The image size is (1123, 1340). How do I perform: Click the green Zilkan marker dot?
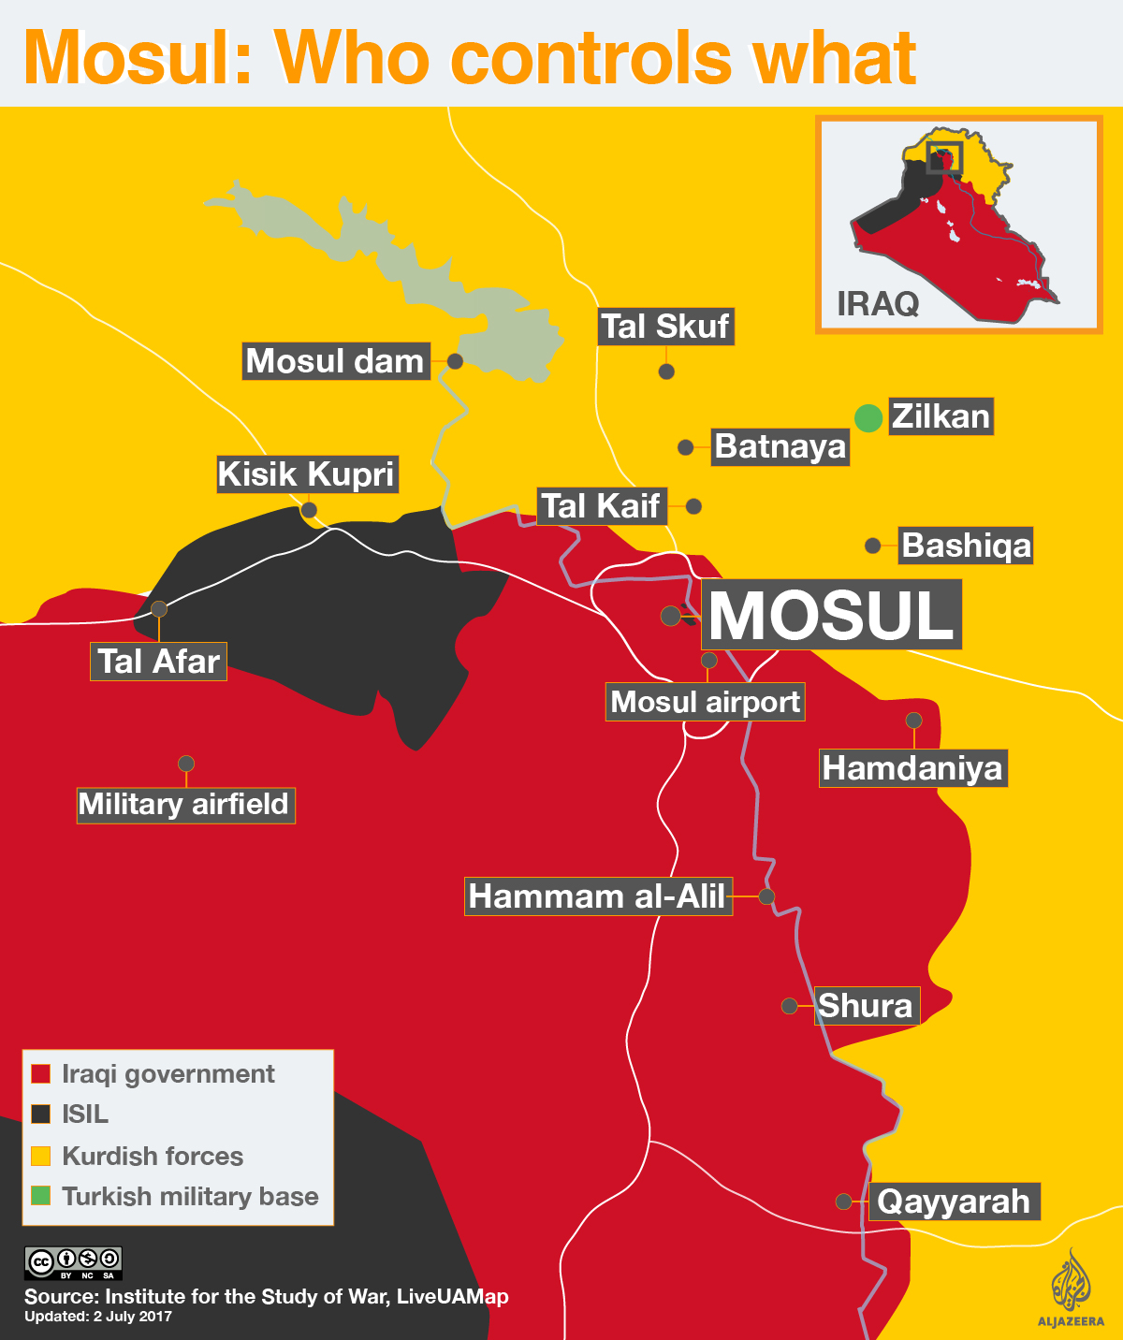coord(868,418)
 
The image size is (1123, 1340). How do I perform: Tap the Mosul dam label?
coord(335,361)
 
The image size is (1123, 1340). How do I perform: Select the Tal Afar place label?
coord(158,662)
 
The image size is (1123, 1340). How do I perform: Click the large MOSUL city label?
coord(831,615)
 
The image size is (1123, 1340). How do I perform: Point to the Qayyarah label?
coord(953,1202)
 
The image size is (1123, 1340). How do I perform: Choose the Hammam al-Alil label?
coord(597,896)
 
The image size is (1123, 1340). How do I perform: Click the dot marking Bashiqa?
coord(873,546)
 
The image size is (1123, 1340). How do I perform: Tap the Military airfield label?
coord(185,805)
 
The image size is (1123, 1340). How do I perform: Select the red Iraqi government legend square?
coord(41,1074)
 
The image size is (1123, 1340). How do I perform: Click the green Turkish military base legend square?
coord(41,1196)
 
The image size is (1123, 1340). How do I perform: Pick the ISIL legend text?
coord(85,1114)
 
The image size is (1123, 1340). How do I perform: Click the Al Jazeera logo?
coord(1071,1287)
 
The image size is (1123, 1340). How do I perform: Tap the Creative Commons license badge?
coord(73,1262)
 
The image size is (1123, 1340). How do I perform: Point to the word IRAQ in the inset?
coord(877,304)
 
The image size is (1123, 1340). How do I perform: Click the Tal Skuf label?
coord(664,327)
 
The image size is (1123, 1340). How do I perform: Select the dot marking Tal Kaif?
coord(693,506)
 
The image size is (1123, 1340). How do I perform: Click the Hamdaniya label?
coord(912,768)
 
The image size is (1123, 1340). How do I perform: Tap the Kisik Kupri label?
coord(306,474)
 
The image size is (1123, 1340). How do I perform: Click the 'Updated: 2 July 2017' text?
coord(98,1317)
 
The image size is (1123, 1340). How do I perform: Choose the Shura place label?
coord(866,1006)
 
